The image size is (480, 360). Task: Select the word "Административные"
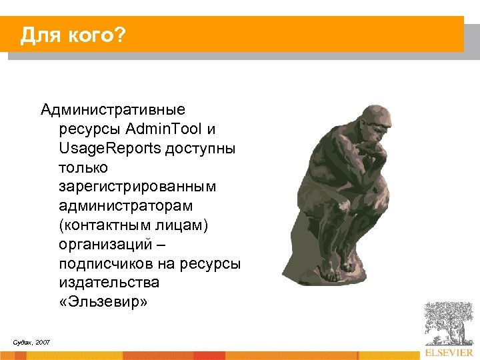point(113,109)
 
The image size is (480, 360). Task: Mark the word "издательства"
point(100,283)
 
